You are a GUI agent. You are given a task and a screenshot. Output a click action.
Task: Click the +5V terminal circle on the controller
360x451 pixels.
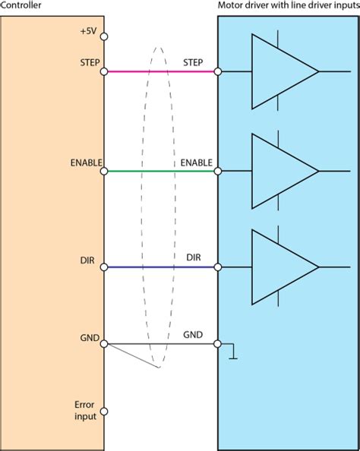103,36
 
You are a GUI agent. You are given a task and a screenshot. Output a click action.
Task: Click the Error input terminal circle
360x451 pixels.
103,412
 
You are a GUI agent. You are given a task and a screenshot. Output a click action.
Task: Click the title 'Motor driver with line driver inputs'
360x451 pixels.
288,6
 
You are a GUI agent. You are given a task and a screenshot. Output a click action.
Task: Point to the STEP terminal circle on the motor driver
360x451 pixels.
218,72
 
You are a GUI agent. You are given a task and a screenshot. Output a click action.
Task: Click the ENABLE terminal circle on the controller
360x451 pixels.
103,172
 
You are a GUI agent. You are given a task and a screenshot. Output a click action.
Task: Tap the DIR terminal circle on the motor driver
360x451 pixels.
218,267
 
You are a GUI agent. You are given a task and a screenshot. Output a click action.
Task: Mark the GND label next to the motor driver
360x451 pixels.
193,334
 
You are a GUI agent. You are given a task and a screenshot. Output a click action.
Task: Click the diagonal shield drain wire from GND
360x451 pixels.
133,356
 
